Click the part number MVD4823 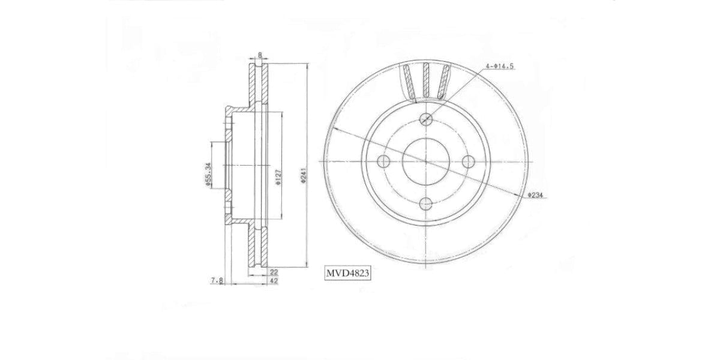(347, 274)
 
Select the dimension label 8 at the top (259, 55)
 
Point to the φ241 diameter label (304, 176)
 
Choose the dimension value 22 (274, 272)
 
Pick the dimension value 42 (274, 280)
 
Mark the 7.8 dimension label (217, 280)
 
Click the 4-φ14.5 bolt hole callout (500, 67)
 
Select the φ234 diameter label (535, 195)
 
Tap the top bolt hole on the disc (426, 118)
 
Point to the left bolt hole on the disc (383, 161)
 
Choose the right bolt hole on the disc (469, 161)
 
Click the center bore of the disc (426, 161)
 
